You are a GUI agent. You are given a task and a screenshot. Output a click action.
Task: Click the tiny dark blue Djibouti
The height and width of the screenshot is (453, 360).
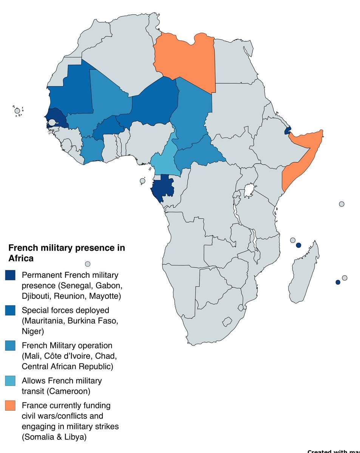288,131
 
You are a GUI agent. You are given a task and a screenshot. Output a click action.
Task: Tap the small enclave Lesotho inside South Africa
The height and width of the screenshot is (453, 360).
227,322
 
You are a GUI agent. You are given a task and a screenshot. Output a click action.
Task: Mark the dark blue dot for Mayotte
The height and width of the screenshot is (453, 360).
298,245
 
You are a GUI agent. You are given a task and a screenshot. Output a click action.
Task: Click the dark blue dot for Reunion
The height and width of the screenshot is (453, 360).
338,282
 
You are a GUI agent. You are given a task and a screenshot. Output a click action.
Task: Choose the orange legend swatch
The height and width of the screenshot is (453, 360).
10,406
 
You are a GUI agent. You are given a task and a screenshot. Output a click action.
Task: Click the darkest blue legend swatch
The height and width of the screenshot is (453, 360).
10,275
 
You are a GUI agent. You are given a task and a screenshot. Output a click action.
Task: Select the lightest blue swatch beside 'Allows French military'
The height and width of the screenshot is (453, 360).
10,381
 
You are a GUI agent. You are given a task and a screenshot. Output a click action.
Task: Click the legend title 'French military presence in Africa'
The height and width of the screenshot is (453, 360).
66,253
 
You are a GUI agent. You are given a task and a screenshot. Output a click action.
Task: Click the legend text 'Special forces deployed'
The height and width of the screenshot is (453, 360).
65,310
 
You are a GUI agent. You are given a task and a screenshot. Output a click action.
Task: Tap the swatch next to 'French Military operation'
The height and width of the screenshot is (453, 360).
10,346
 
